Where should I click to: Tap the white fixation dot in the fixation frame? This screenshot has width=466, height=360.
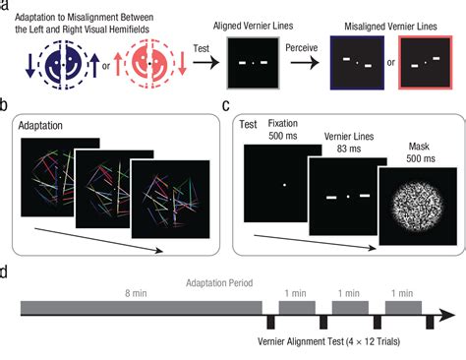coord(283,184)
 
